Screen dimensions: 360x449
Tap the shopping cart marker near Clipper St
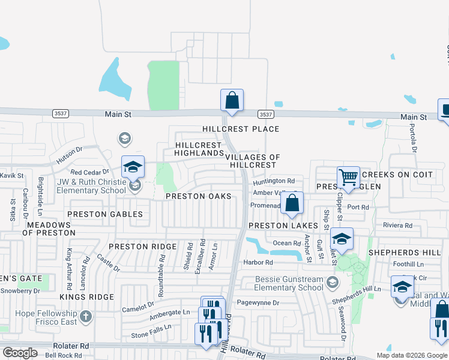coord(348,178)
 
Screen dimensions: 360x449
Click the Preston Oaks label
coord(198,196)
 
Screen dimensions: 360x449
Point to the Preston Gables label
coord(105,214)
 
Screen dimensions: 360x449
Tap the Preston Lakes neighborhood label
coord(283,226)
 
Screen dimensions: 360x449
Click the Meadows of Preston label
coord(50,229)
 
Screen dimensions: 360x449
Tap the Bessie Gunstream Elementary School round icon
coord(332,281)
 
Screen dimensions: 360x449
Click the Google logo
coord(20,353)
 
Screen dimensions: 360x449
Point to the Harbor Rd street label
coord(258,262)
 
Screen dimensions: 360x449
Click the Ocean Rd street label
coord(286,243)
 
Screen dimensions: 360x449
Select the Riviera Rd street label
coord(398,226)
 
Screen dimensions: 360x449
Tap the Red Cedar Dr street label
coord(89,172)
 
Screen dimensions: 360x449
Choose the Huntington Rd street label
coord(274,181)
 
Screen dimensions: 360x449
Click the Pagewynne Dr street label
coord(258,303)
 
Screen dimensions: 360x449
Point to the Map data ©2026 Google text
coord(412,355)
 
